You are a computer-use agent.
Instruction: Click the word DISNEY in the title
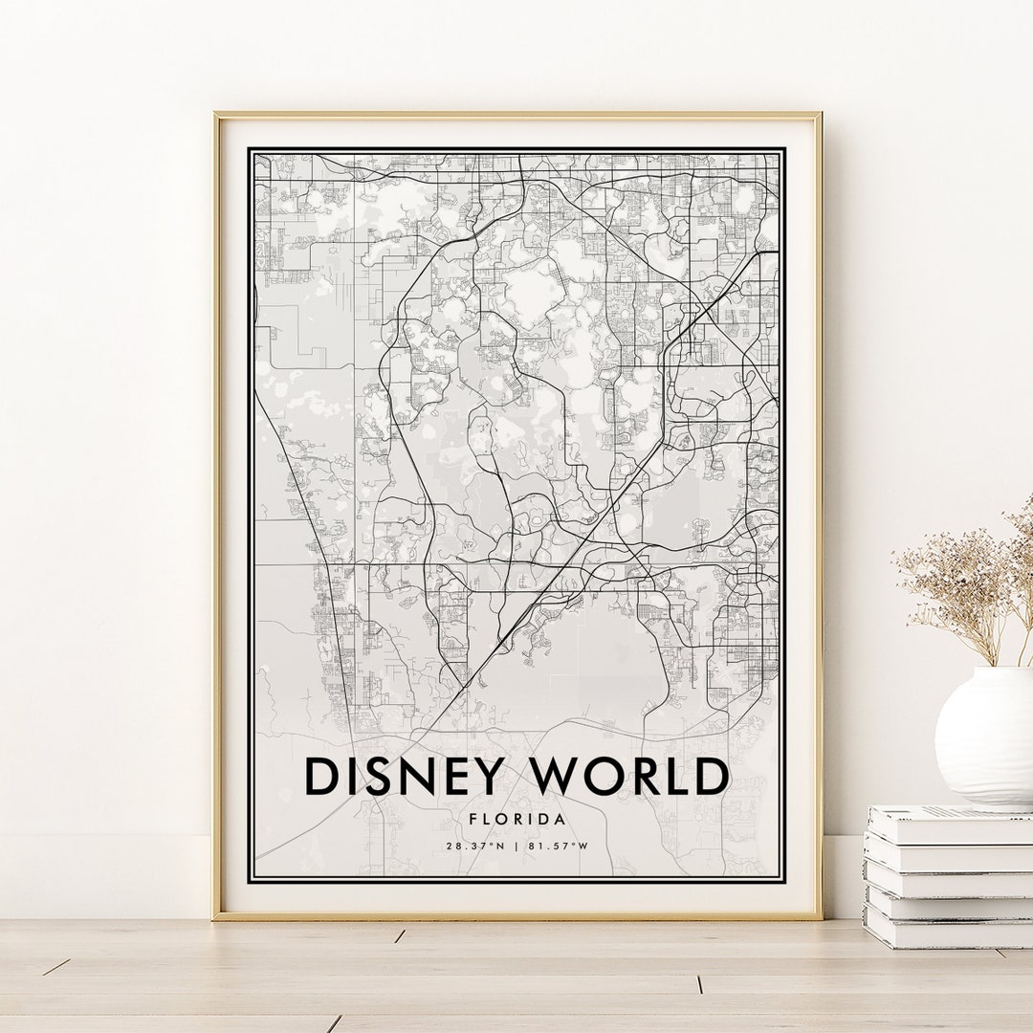click(x=402, y=777)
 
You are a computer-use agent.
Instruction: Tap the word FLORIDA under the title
click(x=516, y=819)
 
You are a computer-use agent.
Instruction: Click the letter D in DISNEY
click(x=322, y=777)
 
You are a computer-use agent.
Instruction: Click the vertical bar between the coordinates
click(x=516, y=846)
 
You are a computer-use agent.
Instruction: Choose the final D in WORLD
click(x=709, y=777)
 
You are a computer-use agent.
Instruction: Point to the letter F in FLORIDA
click(x=473, y=819)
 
